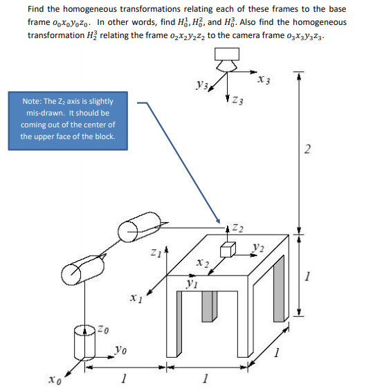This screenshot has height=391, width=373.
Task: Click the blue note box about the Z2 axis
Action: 68,118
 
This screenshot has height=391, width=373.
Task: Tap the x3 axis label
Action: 264,77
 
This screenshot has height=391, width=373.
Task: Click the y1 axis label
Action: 192,282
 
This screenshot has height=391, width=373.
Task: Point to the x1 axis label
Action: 134,298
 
